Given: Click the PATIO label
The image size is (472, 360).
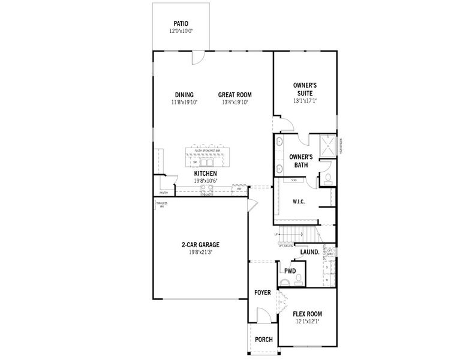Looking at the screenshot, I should click(181, 23).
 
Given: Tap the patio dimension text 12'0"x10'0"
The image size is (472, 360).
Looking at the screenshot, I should click(181, 31).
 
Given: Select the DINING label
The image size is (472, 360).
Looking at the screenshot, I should click(184, 95).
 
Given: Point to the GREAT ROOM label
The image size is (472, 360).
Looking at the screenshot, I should click(235, 95).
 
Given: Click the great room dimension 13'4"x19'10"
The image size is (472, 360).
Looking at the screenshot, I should click(235, 102).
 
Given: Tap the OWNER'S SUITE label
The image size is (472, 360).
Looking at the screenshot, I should click(305, 89).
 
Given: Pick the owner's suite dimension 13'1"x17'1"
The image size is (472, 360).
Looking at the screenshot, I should click(305, 101).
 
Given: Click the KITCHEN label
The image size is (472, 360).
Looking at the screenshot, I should click(205, 173).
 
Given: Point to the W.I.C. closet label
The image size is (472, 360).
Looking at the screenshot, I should click(298, 202).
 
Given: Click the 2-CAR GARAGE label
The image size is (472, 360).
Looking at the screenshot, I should click(201, 244).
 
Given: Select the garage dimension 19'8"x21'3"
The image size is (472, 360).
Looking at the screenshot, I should click(201, 252).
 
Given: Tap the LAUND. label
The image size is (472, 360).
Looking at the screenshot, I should click(309, 252).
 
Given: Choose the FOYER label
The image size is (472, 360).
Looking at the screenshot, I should click(263, 293).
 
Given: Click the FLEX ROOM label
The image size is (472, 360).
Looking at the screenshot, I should click(307, 314).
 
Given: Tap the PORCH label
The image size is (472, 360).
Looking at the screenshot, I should click(263, 340).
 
